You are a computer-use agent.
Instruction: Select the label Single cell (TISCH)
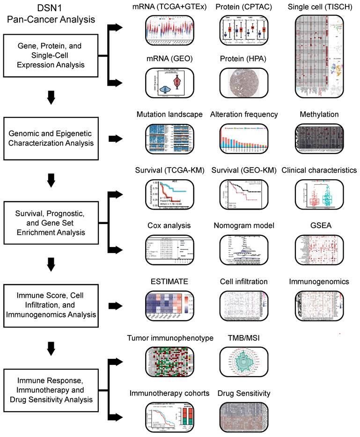(x=318, y=7)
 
